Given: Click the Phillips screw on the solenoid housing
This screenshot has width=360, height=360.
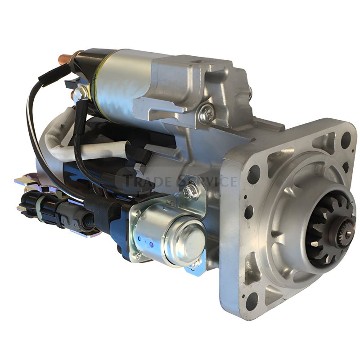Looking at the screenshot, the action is [x=207, y=112].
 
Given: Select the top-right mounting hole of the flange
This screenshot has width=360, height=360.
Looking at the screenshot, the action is [x=346, y=137].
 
